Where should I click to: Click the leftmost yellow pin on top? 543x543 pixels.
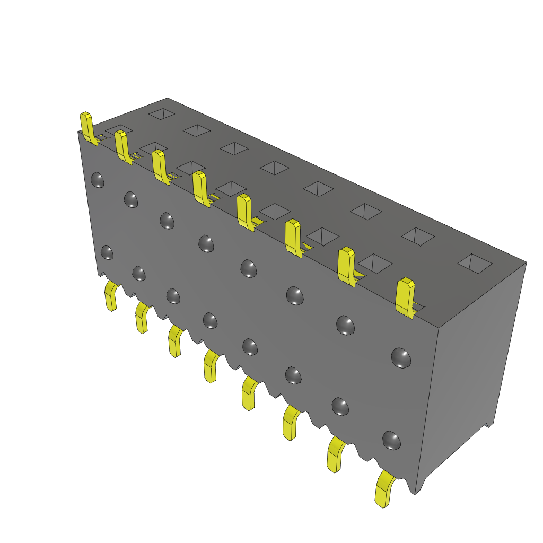[87, 127]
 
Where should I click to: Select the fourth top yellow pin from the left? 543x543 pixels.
[200, 187]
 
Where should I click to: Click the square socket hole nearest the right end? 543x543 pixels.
[475, 263]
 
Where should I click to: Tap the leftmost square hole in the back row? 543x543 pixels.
[162, 113]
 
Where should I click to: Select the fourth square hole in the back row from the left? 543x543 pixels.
[274, 168]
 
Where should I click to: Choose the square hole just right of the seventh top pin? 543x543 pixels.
[375, 263]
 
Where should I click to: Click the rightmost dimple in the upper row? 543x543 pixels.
[401, 358]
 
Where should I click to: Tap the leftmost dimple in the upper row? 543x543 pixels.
[97, 180]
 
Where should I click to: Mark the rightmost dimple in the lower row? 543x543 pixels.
[391, 440]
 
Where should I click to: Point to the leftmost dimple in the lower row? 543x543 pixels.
[107, 252]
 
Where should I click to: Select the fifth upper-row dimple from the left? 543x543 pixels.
[249, 268]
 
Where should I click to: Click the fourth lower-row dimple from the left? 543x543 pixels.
[210, 320]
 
